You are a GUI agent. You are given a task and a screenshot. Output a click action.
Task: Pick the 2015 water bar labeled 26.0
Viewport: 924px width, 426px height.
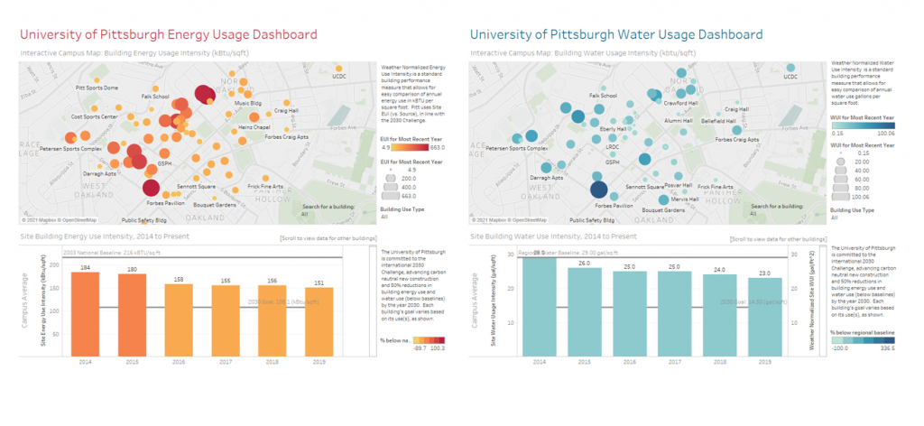pyautogui.click(x=585, y=310)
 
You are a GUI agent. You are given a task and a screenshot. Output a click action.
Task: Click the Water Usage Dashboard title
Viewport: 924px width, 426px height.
pyautogui.click(x=615, y=34)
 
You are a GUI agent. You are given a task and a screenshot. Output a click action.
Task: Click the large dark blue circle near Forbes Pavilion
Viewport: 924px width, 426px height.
pyautogui.click(x=596, y=190)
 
